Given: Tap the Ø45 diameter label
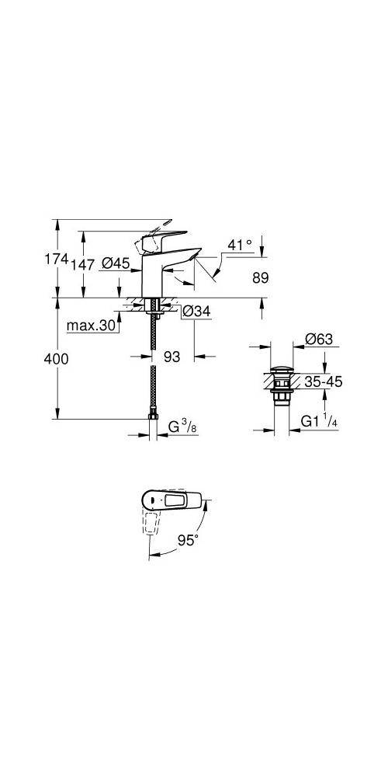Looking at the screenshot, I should pos(116,265).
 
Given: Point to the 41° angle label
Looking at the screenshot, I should pos(239,245).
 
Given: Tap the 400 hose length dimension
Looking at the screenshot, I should pos(56,359).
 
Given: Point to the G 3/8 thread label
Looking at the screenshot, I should pos(183,426).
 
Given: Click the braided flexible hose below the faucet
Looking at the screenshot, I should pos(156,365).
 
